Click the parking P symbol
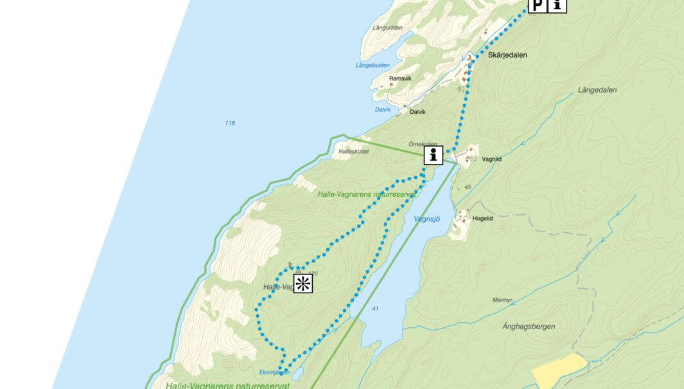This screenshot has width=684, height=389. coord(537,5)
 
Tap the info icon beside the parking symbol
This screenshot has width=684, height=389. coord(557,5)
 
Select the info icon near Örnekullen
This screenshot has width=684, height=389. coord(434,155)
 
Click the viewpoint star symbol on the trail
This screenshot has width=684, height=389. coord(303,284)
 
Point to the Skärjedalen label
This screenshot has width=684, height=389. coord(507,55)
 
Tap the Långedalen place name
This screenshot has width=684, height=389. coord(597,90)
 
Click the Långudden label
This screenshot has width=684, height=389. coord(387,28)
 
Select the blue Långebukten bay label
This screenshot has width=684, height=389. coord(373,66)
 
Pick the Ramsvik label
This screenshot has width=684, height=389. coord(400,78)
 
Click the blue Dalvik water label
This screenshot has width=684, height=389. coord(383,109)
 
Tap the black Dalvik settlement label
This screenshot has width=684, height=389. coord(417,112)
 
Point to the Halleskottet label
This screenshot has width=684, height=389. coord(353,152)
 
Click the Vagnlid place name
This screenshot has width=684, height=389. coord(491,158)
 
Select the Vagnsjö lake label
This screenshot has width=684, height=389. coord(427,219)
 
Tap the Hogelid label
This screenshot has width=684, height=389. coord(482,219)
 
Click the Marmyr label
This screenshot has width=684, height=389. coord(502,300)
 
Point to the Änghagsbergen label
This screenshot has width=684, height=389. coord(529,327)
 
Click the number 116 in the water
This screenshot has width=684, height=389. coord(230,123)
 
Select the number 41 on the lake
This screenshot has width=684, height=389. coord(375,309)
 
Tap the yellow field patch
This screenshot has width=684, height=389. coord(557,371)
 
